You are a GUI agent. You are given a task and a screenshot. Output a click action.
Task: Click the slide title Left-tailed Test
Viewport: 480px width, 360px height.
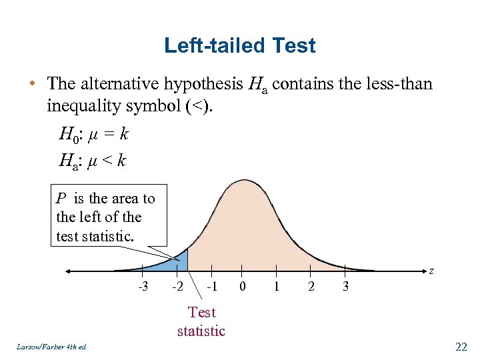point(239,46)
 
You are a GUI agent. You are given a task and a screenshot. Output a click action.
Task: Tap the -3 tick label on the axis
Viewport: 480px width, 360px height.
point(143,287)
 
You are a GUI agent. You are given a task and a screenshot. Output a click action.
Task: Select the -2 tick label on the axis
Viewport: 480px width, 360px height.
point(177,287)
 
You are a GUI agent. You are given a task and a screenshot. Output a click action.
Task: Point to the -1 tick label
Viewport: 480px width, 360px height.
point(211,287)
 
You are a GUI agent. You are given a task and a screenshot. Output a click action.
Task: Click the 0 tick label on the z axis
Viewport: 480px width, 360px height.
point(243,287)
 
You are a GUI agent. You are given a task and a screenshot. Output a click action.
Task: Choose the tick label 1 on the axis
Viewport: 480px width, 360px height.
point(277,287)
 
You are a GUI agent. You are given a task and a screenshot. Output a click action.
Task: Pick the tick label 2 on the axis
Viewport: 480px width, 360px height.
point(310,287)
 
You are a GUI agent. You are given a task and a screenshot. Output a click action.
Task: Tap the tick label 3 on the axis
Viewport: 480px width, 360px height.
point(345,287)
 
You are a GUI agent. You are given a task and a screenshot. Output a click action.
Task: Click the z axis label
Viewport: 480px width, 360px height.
point(431,271)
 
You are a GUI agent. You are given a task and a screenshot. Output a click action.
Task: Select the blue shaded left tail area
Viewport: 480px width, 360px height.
point(175,263)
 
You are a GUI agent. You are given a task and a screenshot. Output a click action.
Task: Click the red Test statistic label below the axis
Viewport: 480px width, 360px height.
point(201,321)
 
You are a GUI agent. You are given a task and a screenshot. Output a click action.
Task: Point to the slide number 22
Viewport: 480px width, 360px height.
point(461,346)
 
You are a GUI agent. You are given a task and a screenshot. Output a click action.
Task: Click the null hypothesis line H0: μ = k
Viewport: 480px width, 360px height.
point(93,135)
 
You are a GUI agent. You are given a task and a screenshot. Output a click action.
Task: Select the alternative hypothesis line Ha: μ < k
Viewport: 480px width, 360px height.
point(92,161)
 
